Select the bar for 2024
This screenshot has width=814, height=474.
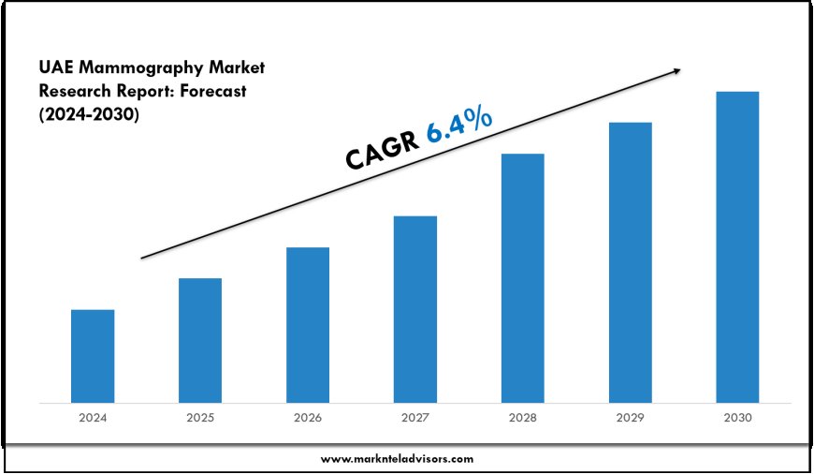coord(93,356)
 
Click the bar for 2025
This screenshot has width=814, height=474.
coord(200,340)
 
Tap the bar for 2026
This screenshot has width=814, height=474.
coord(308,325)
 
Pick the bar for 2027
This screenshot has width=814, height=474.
coord(415,309)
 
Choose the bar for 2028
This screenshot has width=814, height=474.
coord(522,278)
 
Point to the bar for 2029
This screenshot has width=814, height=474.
coord(630,262)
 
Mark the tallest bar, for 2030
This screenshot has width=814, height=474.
coord(737,247)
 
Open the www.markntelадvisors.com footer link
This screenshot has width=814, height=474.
coord(397,459)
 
